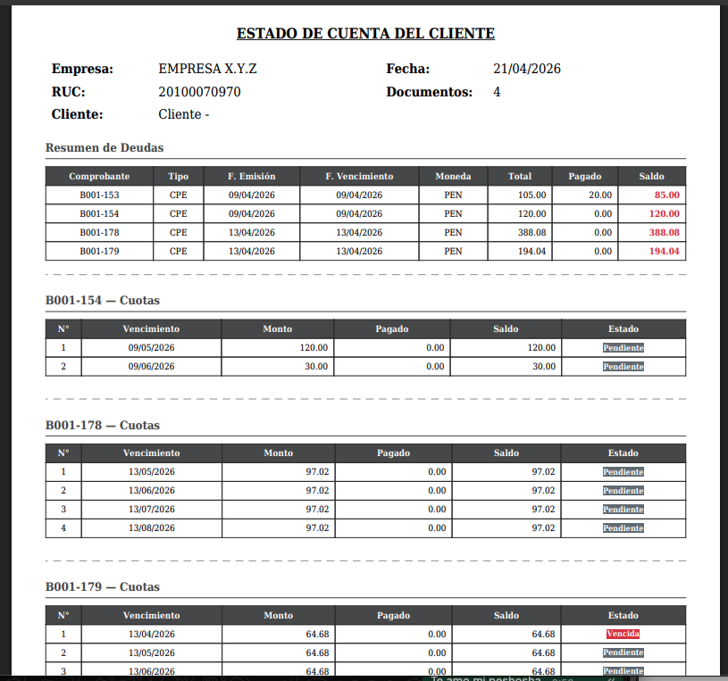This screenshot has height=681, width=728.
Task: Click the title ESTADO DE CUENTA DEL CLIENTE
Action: (x=365, y=34)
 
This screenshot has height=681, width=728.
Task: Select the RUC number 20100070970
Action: (x=199, y=92)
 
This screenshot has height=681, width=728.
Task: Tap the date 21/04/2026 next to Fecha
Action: (x=527, y=69)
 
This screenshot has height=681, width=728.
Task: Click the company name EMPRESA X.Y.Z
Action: (x=207, y=69)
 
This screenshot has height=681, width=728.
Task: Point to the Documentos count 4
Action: (x=497, y=92)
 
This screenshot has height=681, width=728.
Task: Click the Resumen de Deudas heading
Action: (x=105, y=147)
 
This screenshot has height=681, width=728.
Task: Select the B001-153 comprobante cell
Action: (x=99, y=195)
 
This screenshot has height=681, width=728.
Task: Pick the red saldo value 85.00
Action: (x=666, y=195)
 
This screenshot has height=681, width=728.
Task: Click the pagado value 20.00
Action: (x=600, y=195)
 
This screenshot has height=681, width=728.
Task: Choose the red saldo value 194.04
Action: (x=664, y=251)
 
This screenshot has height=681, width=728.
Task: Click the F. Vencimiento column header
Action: (x=359, y=176)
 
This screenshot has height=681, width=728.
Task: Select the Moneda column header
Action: (x=453, y=176)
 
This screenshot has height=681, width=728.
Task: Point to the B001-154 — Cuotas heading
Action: (x=103, y=300)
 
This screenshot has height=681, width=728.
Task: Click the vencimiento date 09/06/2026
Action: (x=151, y=367)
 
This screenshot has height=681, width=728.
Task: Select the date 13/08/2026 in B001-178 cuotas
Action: (x=151, y=528)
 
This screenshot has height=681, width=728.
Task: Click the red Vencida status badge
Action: (x=623, y=634)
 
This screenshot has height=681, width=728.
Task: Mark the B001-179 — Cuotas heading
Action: (x=103, y=587)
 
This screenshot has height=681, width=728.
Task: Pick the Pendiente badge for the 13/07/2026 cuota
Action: (x=623, y=510)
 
